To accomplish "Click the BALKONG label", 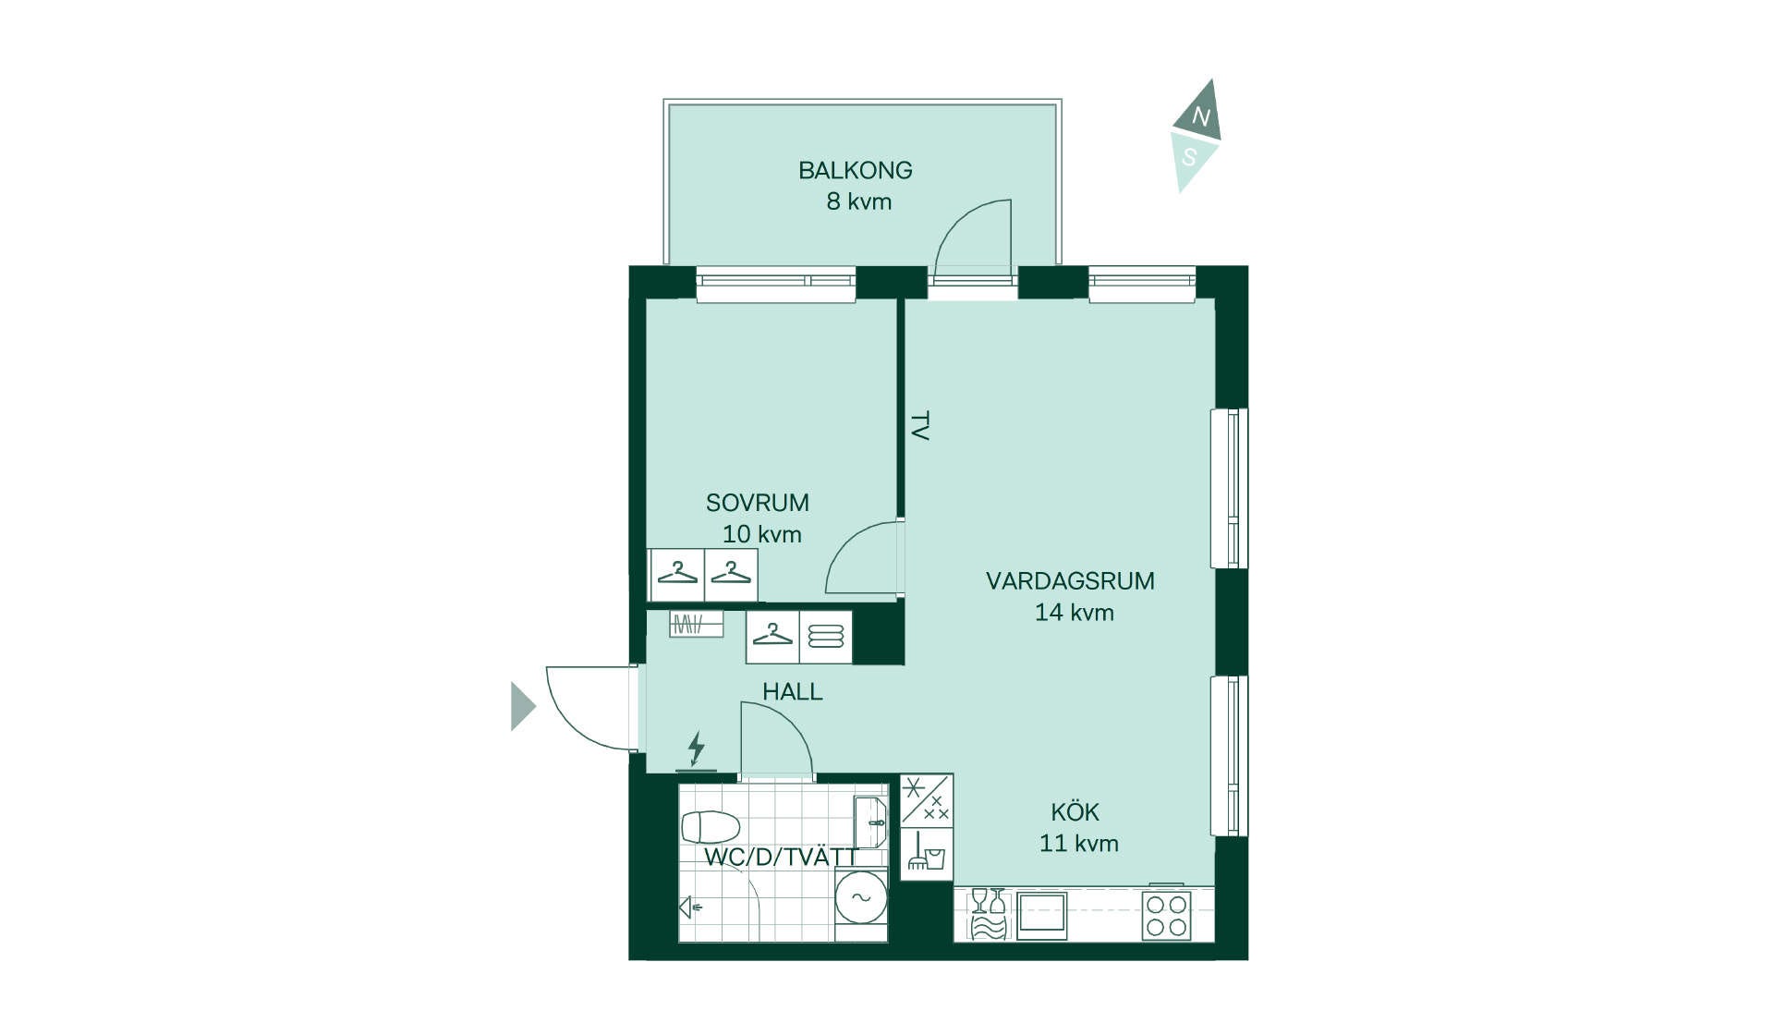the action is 855,170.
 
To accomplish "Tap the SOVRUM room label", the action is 757,503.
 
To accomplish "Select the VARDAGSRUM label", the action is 1070,581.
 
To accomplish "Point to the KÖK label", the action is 1075,812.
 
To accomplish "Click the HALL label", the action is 792,691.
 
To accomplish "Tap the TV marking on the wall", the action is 919,426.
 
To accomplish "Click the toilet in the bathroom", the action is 710,827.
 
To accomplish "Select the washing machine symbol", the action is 861,897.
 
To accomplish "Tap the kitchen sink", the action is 1041,915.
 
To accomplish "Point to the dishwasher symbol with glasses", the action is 987,914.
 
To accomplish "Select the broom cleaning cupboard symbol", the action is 926,852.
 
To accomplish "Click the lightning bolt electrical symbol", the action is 697,748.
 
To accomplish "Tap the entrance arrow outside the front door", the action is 523,707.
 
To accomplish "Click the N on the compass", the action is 1200,116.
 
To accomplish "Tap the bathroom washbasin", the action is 870,822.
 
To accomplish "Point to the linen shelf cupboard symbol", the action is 826,637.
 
